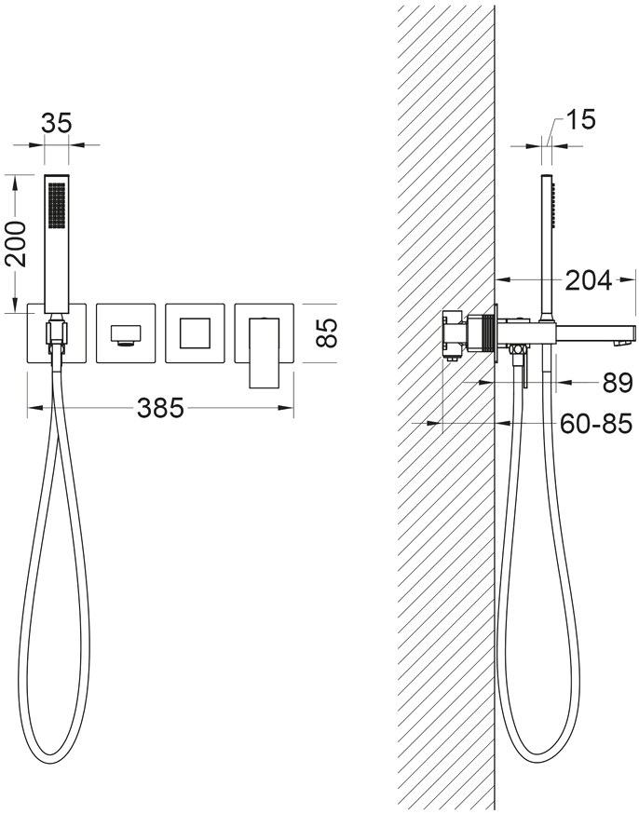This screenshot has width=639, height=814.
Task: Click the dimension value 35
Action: (56, 124)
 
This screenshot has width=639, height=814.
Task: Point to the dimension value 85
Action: (327, 332)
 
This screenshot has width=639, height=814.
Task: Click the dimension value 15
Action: (580, 119)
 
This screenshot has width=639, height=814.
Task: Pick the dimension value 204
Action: (589, 280)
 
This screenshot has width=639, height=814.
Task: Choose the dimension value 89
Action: (618, 383)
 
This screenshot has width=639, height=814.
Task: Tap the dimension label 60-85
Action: (596, 424)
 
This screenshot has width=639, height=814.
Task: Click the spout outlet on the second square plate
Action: (126, 333)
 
